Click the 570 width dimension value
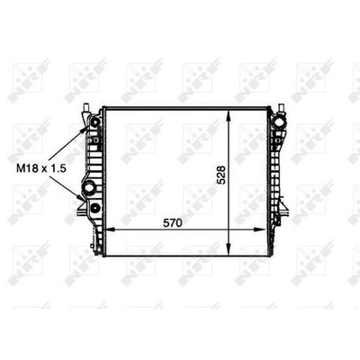coord(173,223)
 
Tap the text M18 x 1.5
coord(41,169)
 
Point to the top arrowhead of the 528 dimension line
coord(229,116)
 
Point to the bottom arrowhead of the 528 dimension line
coord(229,250)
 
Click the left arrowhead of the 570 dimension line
coord(112,229)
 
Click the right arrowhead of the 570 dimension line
coord(260,229)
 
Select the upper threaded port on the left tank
coord(95,122)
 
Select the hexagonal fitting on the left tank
coord(89,188)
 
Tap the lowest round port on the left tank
coord(95,207)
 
